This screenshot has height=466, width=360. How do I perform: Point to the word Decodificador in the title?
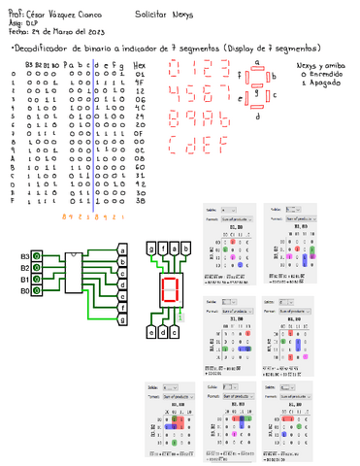tap(47, 49)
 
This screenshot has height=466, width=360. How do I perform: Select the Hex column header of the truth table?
tap(140, 65)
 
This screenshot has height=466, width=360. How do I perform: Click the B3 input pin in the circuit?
tap(36, 255)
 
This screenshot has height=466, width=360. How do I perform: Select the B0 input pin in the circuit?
tap(36, 290)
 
